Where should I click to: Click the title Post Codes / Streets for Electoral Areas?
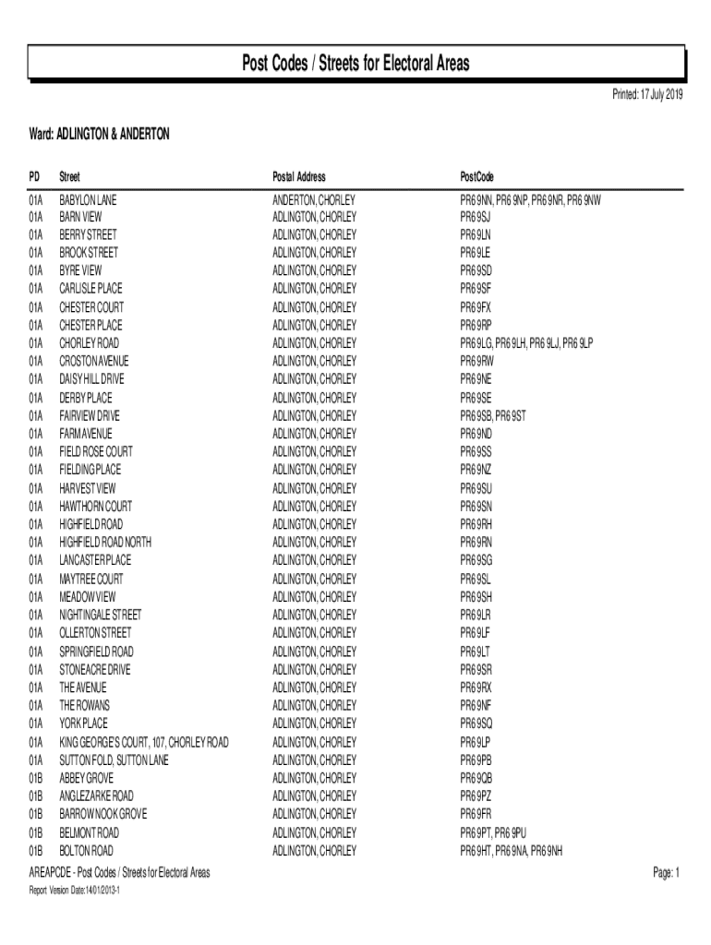pyautogui.click(x=355, y=64)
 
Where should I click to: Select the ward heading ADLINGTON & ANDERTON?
pyautogui.click(x=100, y=135)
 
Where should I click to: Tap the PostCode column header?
pyautogui.click(x=477, y=176)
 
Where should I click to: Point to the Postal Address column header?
pyautogui.click(x=299, y=176)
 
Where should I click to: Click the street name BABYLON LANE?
pyautogui.click(x=89, y=199)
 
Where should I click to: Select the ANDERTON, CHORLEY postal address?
pyautogui.click(x=314, y=199)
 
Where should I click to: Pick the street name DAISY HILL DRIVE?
pyautogui.click(x=92, y=379)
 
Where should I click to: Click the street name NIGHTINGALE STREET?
pyautogui.click(x=101, y=615)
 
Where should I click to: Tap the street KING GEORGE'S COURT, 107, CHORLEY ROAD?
pyautogui.click(x=144, y=742)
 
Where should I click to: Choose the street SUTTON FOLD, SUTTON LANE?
pyautogui.click(x=114, y=760)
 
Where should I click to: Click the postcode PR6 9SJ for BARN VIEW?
pyautogui.click(x=476, y=217)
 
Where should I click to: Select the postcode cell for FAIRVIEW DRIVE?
pyautogui.click(x=493, y=416)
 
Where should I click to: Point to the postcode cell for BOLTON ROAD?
pyautogui.click(x=512, y=850)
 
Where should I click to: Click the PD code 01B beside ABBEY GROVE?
pyautogui.click(x=36, y=778)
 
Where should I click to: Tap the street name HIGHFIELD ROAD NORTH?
pyautogui.click(x=105, y=543)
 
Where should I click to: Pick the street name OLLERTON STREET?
pyautogui.click(x=95, y=633)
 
